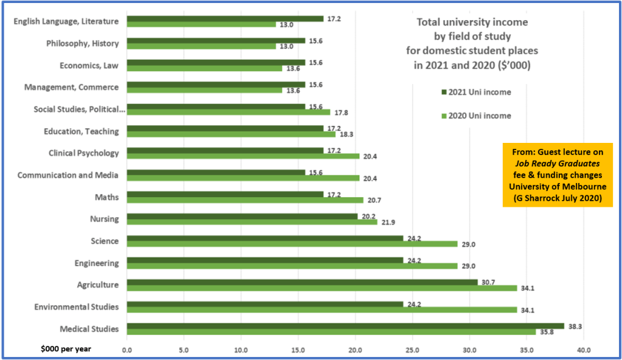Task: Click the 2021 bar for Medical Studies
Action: coord(345,326)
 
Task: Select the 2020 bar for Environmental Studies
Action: coord(322,310)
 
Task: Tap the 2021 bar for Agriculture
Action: coord(302,282)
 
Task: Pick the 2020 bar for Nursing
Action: coord(252,222)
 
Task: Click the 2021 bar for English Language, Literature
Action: coord(225,19)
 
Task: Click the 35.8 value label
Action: coord(547,332)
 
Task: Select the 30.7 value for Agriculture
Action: coord(488,282)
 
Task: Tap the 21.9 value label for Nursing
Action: coord(387,222)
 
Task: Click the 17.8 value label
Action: coord(340,112)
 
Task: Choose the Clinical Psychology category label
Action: coord(84,153)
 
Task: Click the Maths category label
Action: coord(107,197)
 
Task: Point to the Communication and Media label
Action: coord(68,175)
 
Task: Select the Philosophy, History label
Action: coord(83,44)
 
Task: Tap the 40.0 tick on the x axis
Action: coord(584,350)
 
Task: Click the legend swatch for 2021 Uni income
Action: coord(443,92)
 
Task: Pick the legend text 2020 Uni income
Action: coord(480,116)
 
